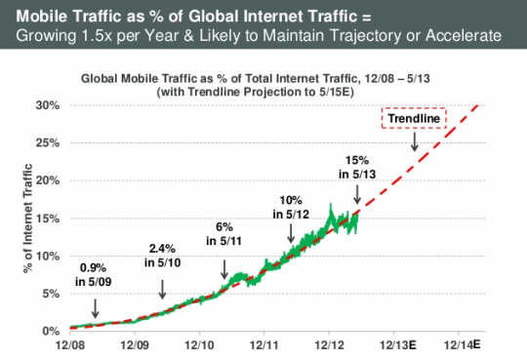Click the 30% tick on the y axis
coord(48,105)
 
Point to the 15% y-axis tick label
coord(48,219)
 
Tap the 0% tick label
coord(51,332)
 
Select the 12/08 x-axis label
coord(70,345)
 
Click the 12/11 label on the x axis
coord(263,345)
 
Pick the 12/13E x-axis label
coord(397,345)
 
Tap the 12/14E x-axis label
coord(463,344)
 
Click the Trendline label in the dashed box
coord(414,118)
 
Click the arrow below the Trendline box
coord(415,141)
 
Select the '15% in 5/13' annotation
coord(357,167)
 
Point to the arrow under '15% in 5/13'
coord(357,194)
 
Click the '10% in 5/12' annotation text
coord(291,207)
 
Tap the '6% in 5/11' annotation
coord(224,234)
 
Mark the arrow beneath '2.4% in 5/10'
coord(162,290)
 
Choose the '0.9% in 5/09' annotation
coord(93,274)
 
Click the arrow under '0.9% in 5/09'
coord(96,308)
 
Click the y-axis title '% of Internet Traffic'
coord(27,219)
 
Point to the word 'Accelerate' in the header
coord(464,36)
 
